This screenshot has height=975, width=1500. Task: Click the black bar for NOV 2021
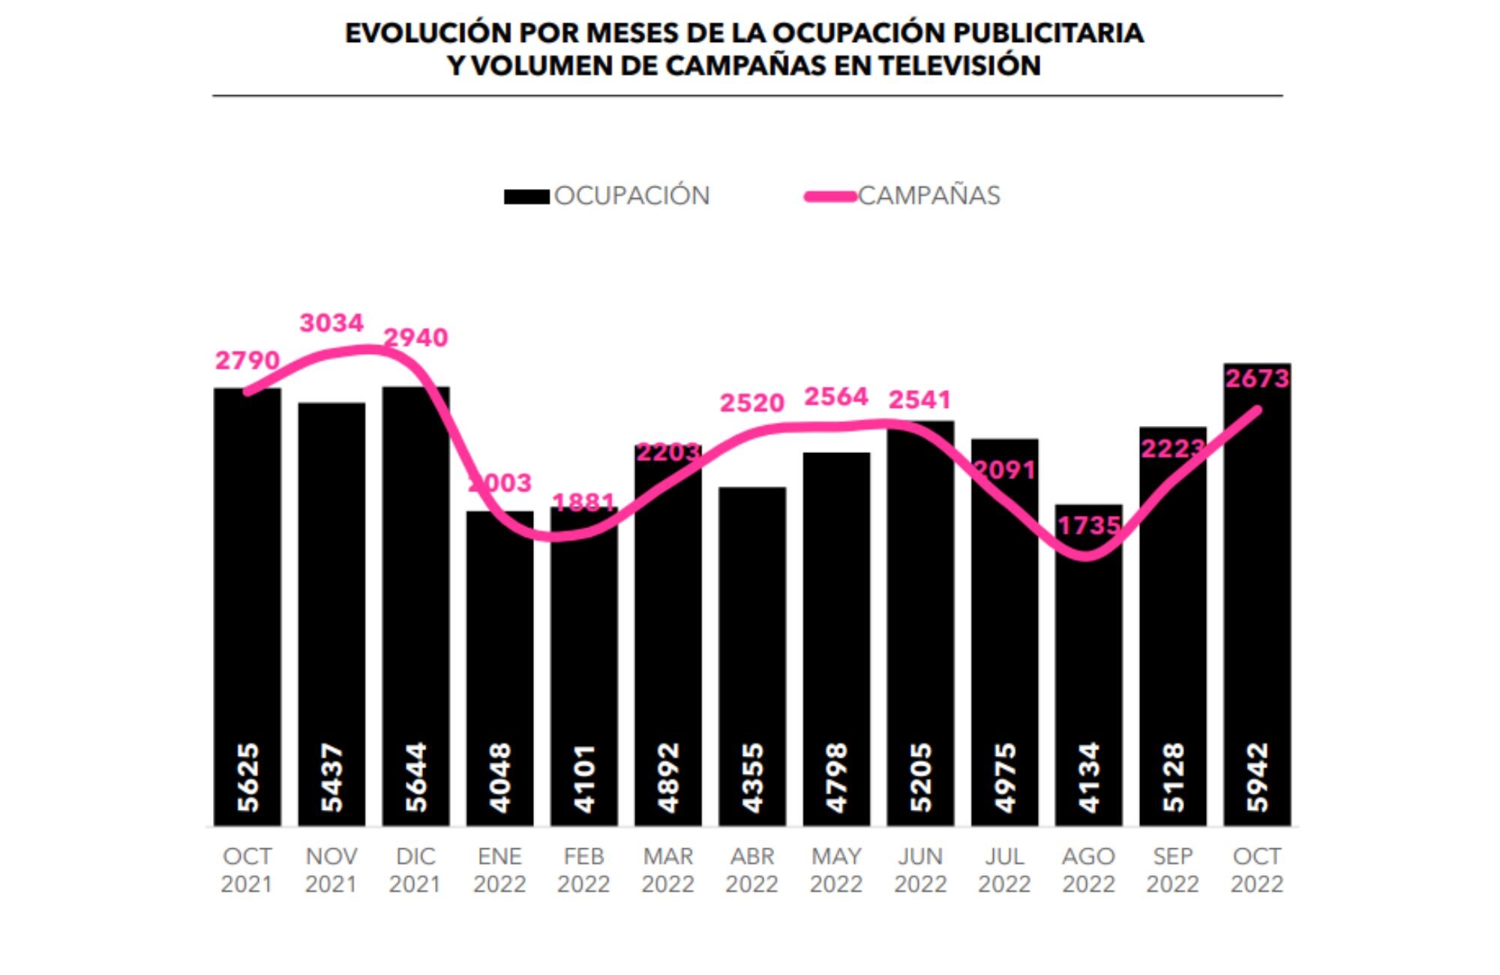(331, 600)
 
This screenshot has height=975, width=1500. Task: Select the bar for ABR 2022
(752, 637)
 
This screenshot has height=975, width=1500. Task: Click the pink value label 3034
(331, 323)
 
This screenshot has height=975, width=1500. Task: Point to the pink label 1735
(1089, 526)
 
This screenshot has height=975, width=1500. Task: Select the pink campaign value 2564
(836, 397)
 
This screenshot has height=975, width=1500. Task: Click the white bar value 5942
(1258, 777)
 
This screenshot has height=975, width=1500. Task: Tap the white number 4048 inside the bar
(500, 777)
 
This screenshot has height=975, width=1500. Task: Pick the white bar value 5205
(921, 777)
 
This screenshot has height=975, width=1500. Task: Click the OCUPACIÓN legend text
(631, 196)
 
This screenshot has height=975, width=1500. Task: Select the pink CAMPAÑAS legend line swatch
(830, 197)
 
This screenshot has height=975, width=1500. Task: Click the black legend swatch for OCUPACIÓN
(526, 197)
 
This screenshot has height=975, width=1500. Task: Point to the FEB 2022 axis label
(583, 870)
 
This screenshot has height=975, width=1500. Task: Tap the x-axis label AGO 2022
(1089, 870)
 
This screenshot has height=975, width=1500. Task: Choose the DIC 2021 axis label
(415, 870)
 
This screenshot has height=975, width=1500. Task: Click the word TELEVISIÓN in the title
(960, 66)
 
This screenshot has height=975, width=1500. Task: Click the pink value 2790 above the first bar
(247, 361)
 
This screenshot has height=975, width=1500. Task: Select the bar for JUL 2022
(1005, 637)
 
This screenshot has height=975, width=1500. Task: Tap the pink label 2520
(752, 403)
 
